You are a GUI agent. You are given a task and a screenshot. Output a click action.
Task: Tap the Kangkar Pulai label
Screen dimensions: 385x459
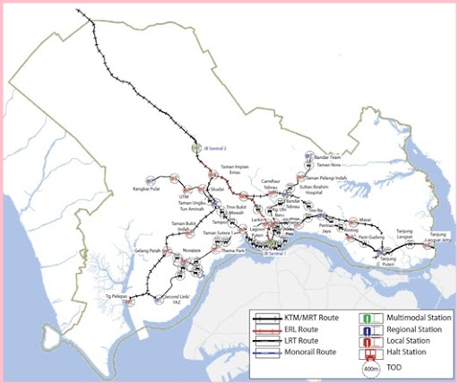166,189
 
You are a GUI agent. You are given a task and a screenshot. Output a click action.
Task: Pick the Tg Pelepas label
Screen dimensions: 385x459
111,295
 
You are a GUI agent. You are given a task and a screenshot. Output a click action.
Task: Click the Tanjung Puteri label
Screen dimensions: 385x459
382,263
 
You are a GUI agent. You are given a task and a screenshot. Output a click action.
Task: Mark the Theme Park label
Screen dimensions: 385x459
234,250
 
